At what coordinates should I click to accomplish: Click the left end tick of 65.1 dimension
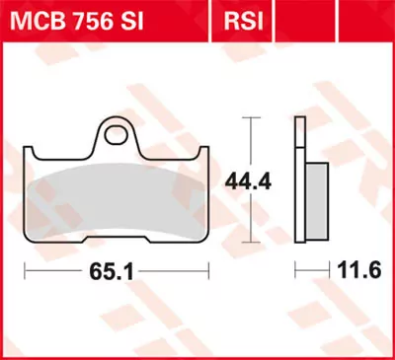[x=27, y=269]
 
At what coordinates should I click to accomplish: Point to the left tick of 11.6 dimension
[x=296, y=269]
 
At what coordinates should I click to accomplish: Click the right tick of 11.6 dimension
[x=328, y=269]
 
